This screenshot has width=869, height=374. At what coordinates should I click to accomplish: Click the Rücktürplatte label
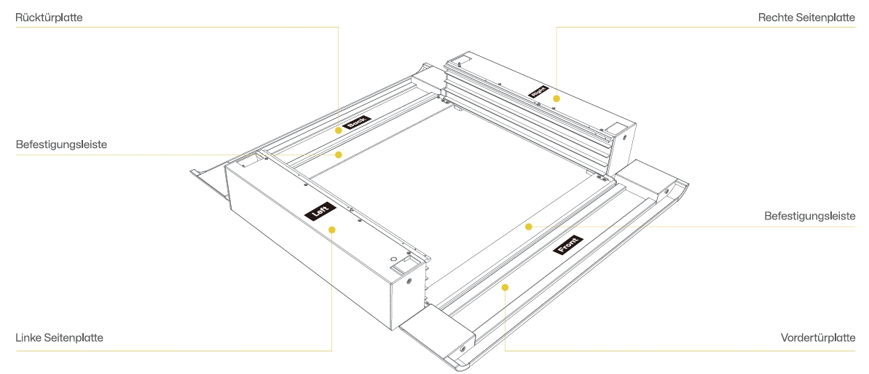49,17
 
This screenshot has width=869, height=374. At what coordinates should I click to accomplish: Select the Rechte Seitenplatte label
806,17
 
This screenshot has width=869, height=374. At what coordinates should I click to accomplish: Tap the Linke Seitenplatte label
59,338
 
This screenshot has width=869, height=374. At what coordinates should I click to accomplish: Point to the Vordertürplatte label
818,338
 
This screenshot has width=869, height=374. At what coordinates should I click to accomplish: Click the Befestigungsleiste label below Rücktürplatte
61,144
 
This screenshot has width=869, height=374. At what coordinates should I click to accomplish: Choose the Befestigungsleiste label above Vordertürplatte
810,216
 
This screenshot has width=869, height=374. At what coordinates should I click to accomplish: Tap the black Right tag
539,92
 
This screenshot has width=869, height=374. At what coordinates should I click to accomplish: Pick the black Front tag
568,245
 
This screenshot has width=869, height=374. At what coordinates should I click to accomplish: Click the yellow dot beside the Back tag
339,130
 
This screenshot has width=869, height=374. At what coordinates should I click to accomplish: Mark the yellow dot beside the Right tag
557,98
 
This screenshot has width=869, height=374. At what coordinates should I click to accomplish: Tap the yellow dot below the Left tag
332,230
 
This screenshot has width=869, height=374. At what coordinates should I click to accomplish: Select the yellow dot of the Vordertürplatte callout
505,287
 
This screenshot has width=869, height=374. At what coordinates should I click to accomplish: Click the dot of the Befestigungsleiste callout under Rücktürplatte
339,155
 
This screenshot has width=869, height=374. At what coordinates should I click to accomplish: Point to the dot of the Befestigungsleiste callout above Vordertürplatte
529,227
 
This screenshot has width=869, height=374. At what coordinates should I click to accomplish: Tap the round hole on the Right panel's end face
625,136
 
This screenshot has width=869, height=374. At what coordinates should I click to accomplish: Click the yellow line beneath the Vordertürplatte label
680,351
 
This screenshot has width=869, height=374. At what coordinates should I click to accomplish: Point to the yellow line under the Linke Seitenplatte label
173,351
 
